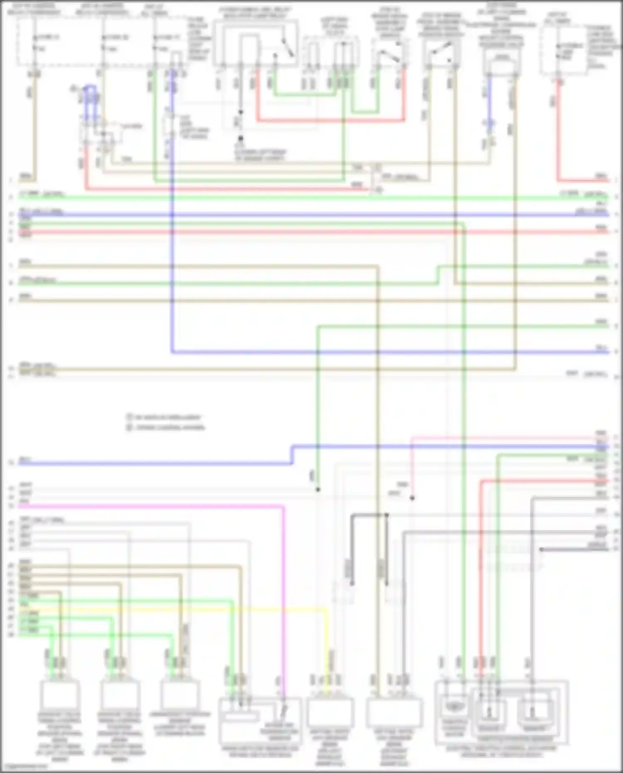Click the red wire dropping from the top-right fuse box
tap(559, 133)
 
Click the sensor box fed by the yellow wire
tap(330, 712)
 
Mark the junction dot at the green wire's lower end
tap(318, 489)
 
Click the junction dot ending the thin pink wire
tap(412, 498)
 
